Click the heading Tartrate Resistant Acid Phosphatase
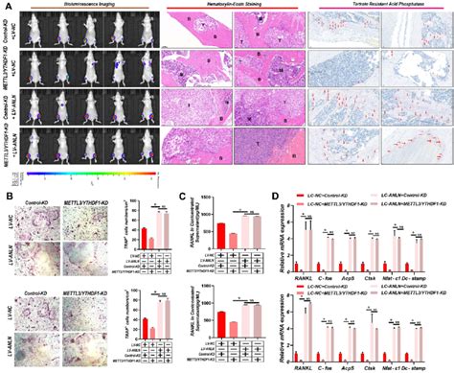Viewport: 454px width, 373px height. pyautogui.click(x=378, y=7)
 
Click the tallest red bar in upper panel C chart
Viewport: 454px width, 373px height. pyautogui.click(x=221, y=227)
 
